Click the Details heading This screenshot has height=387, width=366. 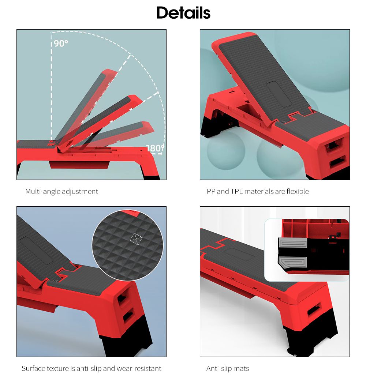click(183, 13)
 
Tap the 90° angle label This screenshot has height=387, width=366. click(61, 44)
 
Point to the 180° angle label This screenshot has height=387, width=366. click(155, 148)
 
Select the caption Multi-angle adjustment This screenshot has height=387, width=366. click(61, 192)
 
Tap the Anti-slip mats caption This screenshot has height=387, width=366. click(227, 368)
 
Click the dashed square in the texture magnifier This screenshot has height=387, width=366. click(136, 239)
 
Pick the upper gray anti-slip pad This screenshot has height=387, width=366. click(293, 243)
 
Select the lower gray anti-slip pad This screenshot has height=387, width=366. click(293, 262)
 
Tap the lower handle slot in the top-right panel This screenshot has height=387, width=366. click(337, 162)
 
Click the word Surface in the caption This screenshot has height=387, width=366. click(33, 368)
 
